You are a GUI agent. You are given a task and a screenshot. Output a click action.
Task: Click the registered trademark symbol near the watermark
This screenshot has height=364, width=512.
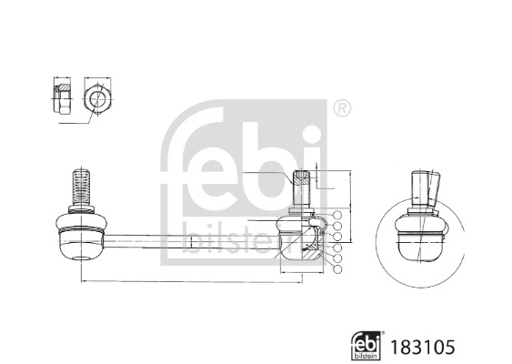342,109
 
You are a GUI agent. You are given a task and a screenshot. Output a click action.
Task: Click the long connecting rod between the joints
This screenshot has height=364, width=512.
191,241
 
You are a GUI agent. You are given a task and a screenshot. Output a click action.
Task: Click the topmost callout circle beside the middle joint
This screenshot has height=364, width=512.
337,217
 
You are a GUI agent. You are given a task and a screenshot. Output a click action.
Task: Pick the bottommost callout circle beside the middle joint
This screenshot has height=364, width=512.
337,270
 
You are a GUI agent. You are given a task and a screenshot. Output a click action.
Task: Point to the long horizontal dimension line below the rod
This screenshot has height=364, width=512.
191,283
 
